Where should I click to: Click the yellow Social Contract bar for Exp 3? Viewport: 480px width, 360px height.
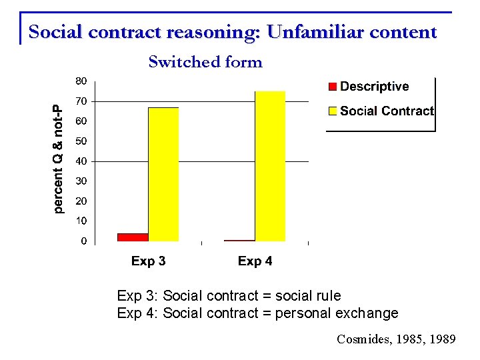(x=163, y=174)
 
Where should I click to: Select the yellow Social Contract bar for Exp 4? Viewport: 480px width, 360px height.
(x=270, y=166)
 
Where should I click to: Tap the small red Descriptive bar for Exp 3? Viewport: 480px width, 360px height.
(x=133, y=237)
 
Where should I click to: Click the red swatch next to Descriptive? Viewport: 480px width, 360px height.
(x=332, y=87)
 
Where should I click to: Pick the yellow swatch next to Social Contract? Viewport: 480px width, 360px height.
(x=332, y=111)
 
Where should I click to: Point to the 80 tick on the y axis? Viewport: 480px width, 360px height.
(x=80, y=81)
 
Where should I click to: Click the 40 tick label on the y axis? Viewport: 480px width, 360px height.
(x=80, y=161)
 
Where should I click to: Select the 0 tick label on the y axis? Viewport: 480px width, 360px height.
(x=83, y=241)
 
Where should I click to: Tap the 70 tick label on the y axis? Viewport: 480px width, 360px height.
(x=80, y=101)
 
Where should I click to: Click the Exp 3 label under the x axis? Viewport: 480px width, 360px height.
(x=148, y=261)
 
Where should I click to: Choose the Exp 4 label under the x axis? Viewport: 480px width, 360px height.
(x=255, y=261)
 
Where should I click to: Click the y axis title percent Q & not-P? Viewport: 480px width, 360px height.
(x=59, y=160)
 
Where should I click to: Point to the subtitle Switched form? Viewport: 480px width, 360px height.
(x=205, y=63)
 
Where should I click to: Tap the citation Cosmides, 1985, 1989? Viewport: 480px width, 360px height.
(x=396, y=340)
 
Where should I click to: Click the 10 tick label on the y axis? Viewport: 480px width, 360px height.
(x=80, y=221)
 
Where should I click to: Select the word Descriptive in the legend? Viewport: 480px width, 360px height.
(x=374, y=87)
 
